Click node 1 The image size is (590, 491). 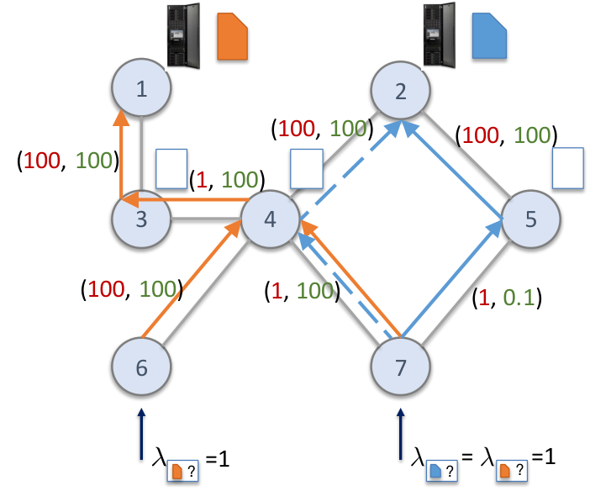pos(141,87)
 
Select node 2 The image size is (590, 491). pos(400,91)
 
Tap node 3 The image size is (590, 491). pos(141,219)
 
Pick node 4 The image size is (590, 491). pos(270,219)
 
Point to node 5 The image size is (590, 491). pos(531,219)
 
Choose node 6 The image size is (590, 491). pos(141,367)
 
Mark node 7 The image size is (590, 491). pos(400,367)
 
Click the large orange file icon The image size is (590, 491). pos(232,36)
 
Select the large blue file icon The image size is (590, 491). pos(489,36)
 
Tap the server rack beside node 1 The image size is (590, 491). pos(183,36)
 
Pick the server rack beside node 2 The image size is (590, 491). pos(439,35)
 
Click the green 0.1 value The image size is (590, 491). pos(519,298)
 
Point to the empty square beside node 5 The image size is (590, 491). pos(568,168)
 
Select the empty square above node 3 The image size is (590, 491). pos(171,169)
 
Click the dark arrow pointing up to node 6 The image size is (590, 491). pos(141,434)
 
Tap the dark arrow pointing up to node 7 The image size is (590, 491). pos(400,434)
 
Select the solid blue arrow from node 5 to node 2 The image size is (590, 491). pos(452,170)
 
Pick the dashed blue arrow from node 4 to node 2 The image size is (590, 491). pos(349,170)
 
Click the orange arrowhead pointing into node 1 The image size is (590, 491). pos(121,118)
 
